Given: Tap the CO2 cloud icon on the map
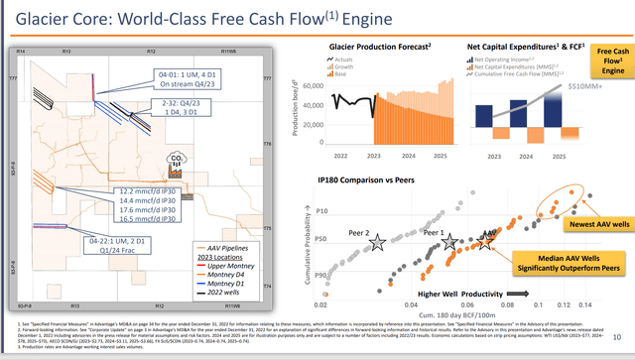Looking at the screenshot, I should point(178,159).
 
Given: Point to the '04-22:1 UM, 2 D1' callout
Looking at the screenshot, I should point(87,243).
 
